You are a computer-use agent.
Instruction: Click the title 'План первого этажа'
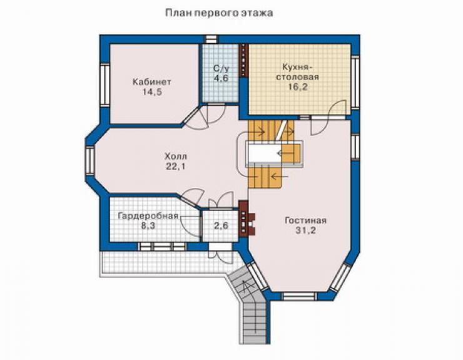[219, 13]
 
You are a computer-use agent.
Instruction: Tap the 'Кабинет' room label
[152, 82]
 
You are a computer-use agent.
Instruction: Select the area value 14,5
[152, 92]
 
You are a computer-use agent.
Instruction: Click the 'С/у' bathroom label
[221, 69]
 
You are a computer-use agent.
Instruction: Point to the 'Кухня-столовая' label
[297, 72]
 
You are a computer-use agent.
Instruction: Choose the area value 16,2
[298, 87]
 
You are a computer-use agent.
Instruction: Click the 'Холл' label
[176, 157]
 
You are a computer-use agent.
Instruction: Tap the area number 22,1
[176, 167]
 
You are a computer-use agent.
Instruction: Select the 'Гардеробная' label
[148, 216]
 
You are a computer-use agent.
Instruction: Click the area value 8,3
[148, 227]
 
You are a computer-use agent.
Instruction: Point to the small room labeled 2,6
[221, 226]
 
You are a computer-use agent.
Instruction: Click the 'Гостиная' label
[305, 220]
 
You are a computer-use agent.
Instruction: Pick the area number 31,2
[305, 230]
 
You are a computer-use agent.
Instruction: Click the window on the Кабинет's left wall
[104, 85]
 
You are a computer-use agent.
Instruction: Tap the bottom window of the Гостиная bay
[298, 296]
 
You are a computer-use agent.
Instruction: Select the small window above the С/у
[211, 39]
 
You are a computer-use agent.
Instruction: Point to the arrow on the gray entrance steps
[244, 289]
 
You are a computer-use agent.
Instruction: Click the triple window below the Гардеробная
[162, 247]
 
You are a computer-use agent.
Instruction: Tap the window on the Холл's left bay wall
[89, 160]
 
